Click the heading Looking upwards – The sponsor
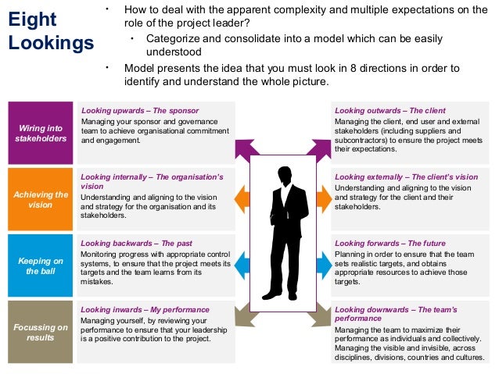pos(139,111)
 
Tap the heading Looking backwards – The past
pos(137,243)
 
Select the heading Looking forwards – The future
pos(390,243)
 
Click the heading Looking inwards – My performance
pos(145,309)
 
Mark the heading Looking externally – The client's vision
pos(406,177)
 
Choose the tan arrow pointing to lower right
pos(321,319)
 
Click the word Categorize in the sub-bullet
pos(171,39)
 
